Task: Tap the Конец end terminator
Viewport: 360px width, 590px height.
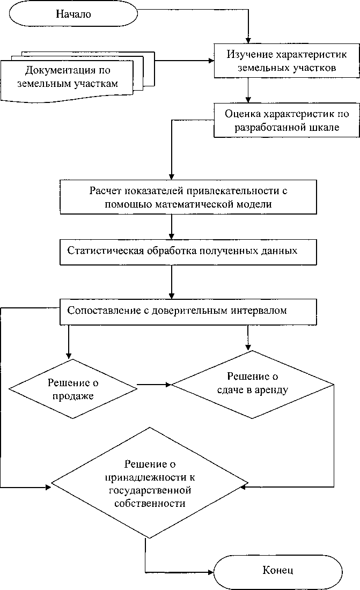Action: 278,570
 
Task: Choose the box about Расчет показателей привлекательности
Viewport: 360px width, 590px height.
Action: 193,197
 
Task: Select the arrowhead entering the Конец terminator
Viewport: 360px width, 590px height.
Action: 210,570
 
